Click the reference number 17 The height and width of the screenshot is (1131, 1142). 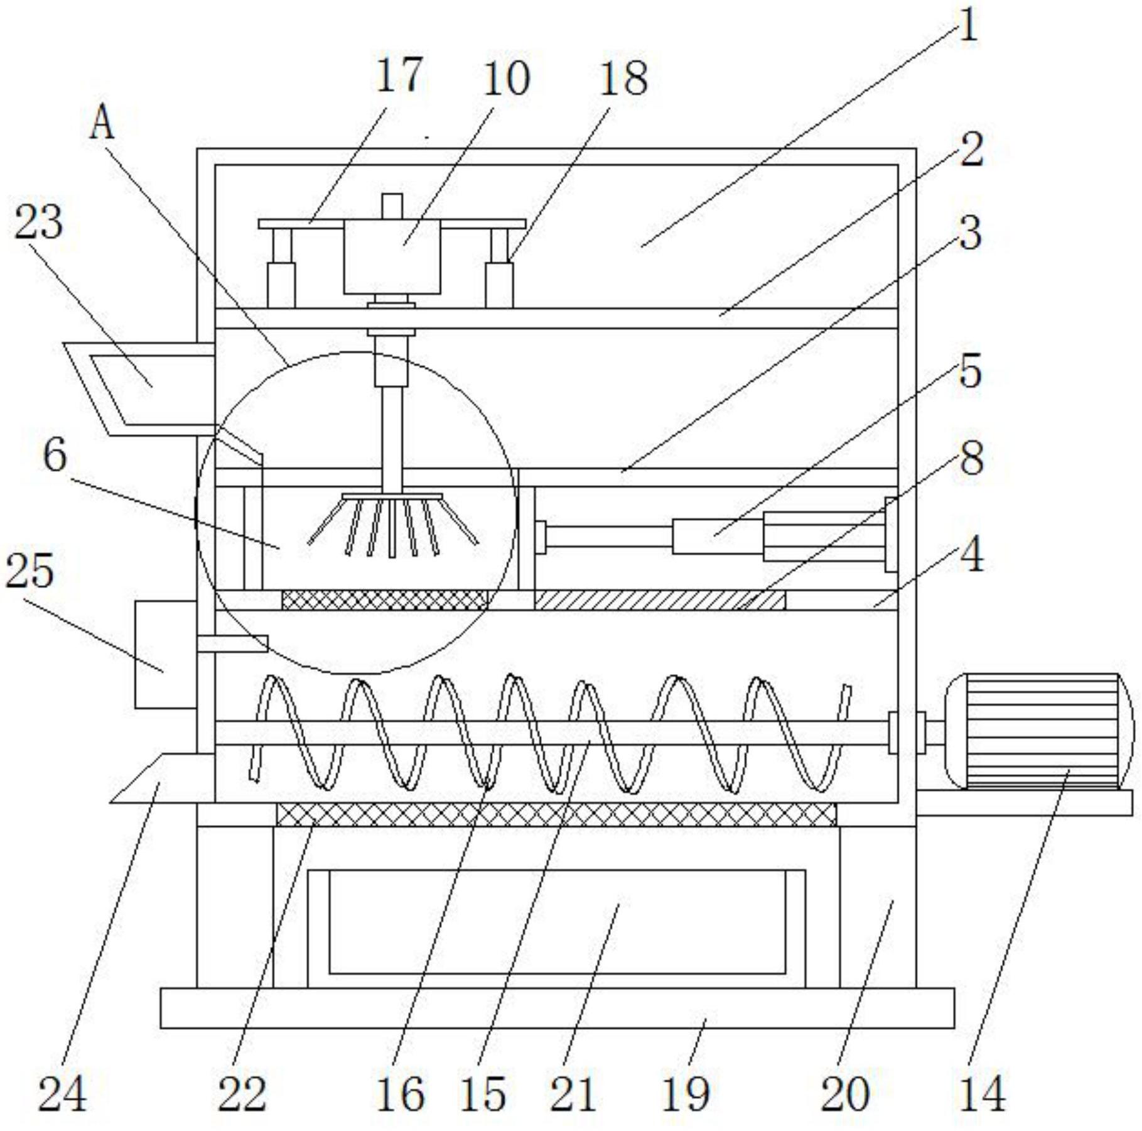click(x=399, y=75)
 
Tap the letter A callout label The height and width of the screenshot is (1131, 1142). click(x=102, y=123)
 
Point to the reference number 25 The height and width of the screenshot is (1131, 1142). click(x=30, y=571)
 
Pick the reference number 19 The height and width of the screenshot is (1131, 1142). click(x=686, y=1094)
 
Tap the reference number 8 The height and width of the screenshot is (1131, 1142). click(x=972, y=458)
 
